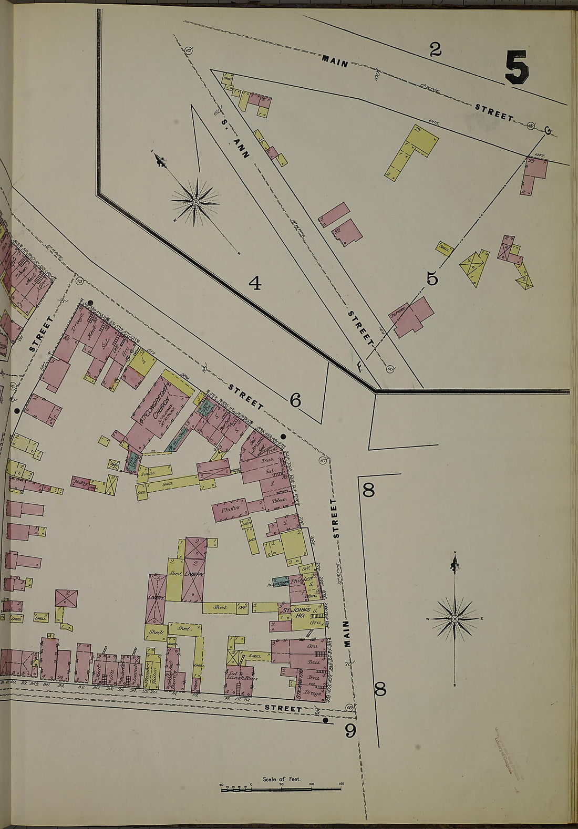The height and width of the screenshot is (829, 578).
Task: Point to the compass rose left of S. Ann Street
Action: coord(195,201)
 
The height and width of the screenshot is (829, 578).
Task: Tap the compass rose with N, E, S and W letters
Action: coord(455,618)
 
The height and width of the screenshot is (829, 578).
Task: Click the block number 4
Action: coord(254,284)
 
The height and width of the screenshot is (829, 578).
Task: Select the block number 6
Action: coord(295,401)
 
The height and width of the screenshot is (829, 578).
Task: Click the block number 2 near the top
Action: coord(435,49)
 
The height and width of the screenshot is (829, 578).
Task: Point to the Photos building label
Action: coord(230,509)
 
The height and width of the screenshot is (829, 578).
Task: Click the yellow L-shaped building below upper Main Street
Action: coord(415,151)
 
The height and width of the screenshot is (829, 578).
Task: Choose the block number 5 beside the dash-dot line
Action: coord(432,278)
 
